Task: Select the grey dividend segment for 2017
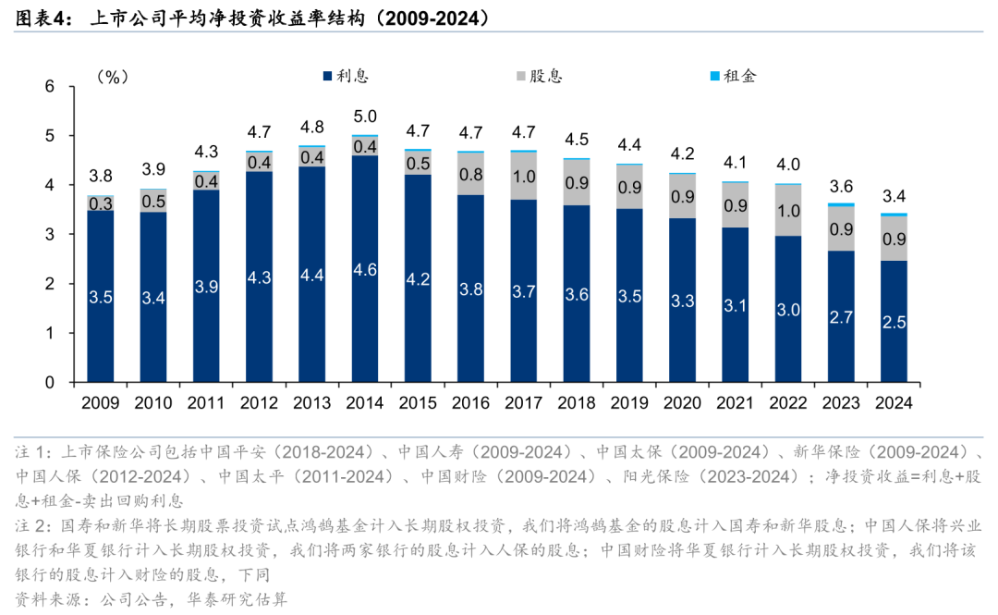click(524, 176)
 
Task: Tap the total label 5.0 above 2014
click(365, 117)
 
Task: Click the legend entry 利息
click(347, 76)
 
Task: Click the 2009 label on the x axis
click(101, 402)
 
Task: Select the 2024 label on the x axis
click(894, 402)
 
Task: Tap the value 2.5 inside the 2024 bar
click(894, 322)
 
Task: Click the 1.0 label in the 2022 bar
click(788, 211)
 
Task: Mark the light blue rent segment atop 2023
click(841, 204)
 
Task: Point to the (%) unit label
click(112, 77)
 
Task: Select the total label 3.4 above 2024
click(894, 195)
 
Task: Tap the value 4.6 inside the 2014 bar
click(365, 270)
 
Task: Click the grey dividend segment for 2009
click(101, 203)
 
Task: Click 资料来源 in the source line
click(47, 598)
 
